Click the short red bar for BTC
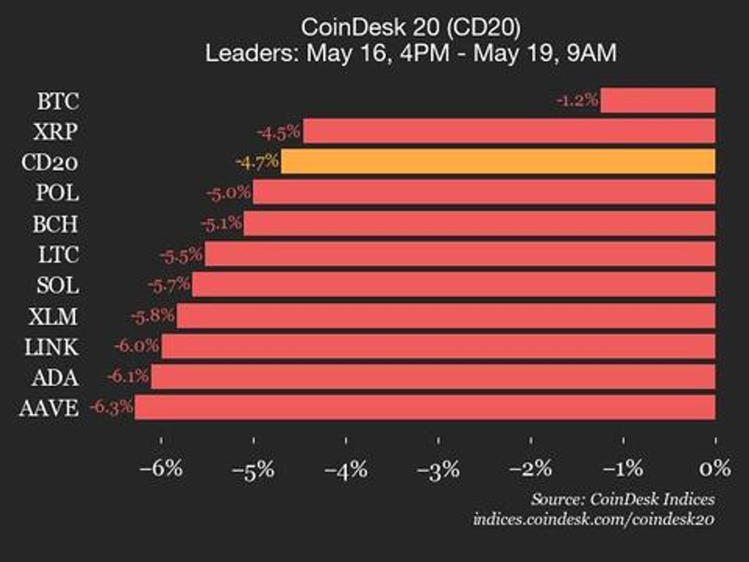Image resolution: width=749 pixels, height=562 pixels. (x=657, y=100)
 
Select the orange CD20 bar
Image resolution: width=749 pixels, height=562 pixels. (x=497, y=162)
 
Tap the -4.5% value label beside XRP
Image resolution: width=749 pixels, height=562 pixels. (x=279, y=132)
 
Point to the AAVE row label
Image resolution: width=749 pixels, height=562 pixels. (x=49, y=408)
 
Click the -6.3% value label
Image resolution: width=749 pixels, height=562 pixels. (x=111, y=407)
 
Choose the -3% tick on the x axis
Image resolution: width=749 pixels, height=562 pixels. (x=438, y=469)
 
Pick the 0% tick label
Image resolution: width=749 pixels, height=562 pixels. (x=715, y=468)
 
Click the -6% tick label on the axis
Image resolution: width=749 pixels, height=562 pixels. (x=161, y=468)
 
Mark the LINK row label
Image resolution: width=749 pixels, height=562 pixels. (x=51, y=347)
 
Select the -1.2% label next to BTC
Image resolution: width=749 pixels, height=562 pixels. (x=577, y=100)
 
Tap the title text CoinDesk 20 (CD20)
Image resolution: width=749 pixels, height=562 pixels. (x=410, y=27)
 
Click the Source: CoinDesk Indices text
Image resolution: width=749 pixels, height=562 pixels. (x=623, y=499)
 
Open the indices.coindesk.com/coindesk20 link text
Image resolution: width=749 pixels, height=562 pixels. (x=593, y=519)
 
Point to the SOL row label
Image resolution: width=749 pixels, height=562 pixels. (x=58, y=285)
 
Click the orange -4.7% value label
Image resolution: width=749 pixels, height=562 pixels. (x=257, y=162)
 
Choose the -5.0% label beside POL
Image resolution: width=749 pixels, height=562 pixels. (x=228, y=193)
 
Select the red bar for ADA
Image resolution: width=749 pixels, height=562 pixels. (x=433, y=377)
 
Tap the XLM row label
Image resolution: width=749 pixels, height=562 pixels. (x=53, y=316)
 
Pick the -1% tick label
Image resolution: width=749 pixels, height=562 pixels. (x=623, y=468)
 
